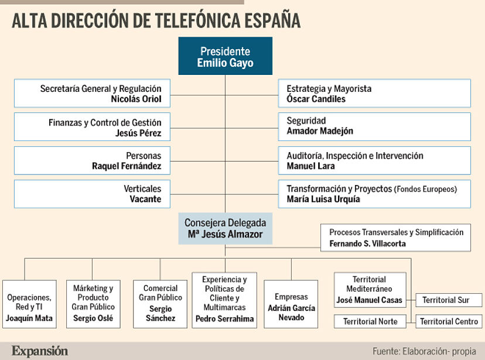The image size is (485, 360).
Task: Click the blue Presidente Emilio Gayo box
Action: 226,56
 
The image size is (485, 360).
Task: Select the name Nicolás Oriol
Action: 136,99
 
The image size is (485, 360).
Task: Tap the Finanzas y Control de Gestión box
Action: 92,128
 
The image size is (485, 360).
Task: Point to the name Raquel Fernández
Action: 127,166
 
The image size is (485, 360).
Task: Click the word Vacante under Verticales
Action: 145,199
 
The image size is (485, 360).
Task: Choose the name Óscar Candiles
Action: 316,99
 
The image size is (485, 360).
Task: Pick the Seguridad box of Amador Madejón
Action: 374,126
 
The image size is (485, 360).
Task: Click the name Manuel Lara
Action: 310,166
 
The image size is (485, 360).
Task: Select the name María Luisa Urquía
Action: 323,199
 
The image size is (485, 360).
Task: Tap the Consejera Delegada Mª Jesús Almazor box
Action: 225,229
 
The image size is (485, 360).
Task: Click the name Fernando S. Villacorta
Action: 367,244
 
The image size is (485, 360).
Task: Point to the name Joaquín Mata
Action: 29,318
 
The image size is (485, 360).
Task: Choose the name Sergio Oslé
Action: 93,318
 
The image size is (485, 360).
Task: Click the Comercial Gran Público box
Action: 160,303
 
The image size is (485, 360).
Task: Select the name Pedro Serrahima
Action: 226,318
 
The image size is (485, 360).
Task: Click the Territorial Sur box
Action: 446,300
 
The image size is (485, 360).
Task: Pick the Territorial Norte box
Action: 370,321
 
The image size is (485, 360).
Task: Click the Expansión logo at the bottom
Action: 40,351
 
